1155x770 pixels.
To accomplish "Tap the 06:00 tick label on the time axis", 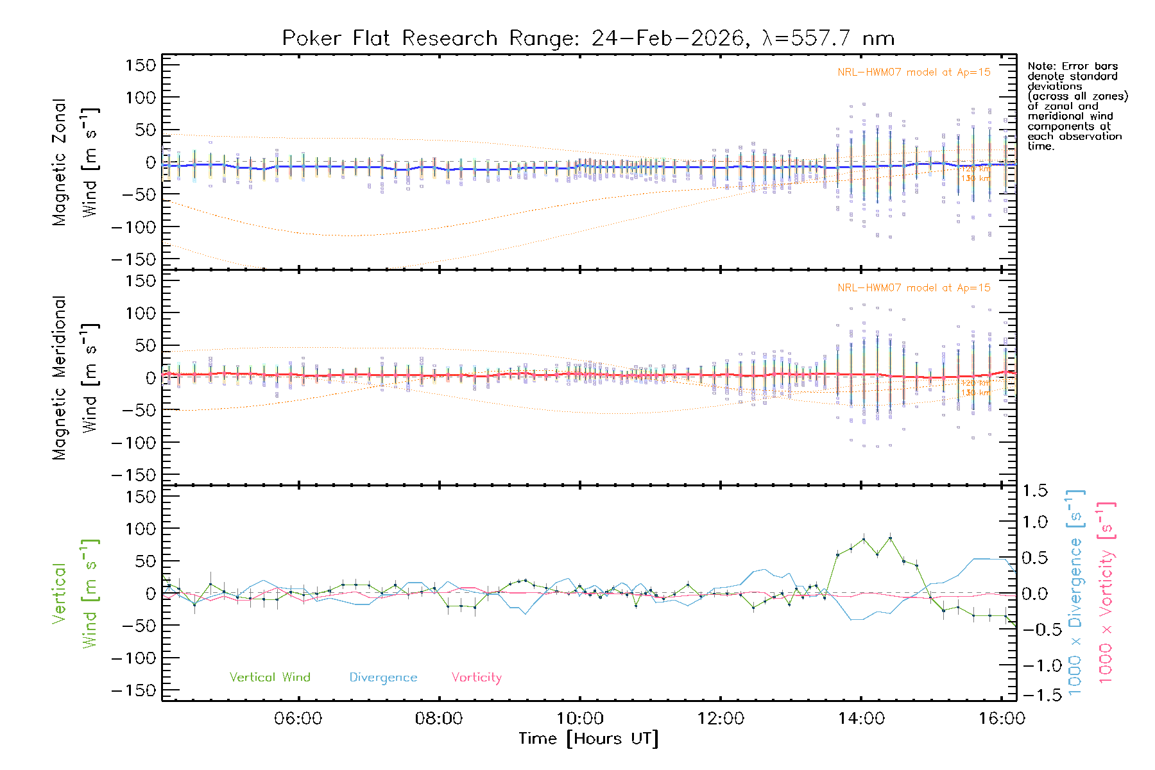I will [298, 719].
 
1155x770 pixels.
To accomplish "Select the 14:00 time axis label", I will [861, 719].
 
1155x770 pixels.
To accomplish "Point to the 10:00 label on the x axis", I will [579, 719].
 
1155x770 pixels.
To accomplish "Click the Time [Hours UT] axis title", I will [588, 739].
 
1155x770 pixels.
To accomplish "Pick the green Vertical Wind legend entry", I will [269, 678].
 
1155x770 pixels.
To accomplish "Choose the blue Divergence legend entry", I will [383, 678].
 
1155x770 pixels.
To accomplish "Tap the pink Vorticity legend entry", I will [476, 678].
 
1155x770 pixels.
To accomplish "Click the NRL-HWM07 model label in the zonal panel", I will [914, 73].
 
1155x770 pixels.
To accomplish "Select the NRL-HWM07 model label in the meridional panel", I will [914, 288].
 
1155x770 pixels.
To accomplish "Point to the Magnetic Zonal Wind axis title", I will [75, 162].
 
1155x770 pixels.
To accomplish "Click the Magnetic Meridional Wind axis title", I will [75, 378].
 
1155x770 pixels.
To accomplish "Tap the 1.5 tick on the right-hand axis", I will [1034, 491].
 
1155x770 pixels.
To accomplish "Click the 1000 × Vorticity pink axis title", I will [1106, 592].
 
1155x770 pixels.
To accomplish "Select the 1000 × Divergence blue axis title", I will [1075, 592].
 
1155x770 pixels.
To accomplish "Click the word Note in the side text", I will [1039, 66].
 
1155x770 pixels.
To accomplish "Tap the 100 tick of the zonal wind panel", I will [141, 98].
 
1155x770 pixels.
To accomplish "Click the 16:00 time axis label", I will [1002, 719].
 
